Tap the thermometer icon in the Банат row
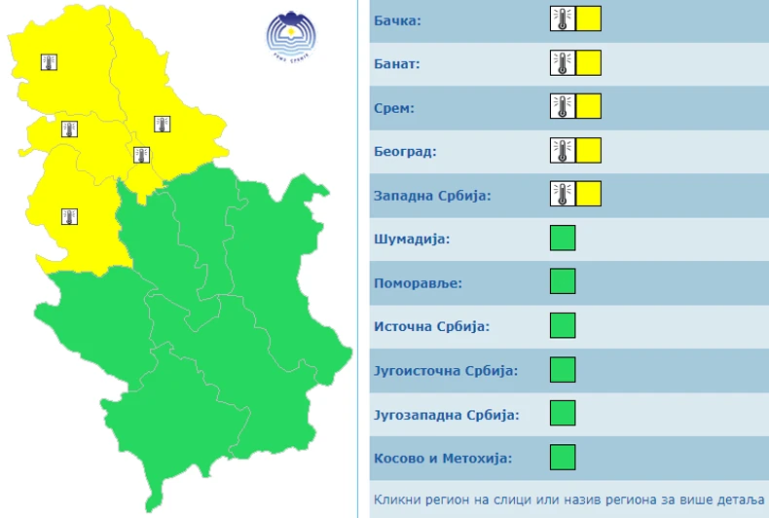(562, 63)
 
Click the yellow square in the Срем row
(588, 107)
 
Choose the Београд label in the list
(406, 151)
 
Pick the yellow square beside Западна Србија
(588, 195)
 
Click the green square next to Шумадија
(563, 239)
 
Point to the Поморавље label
(418, 282)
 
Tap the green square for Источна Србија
(563, 326)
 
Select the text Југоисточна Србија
(446, 370)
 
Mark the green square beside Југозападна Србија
(563, 414)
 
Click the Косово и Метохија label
(443, 458)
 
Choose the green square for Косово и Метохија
(563, 458)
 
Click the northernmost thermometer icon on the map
(49, 62)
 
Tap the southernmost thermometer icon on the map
(69, 216)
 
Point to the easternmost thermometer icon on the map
(162, 124)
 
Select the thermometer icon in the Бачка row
(562, 19)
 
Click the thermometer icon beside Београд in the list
(562, 151)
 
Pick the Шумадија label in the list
(412, 239)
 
